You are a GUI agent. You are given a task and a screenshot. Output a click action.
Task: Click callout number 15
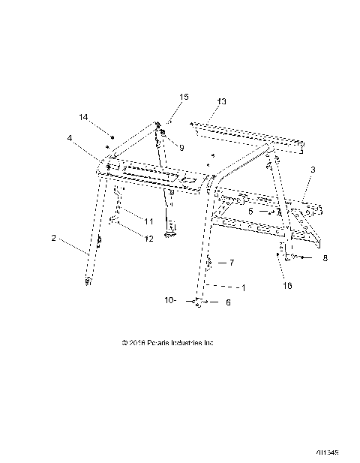tap(184, 97)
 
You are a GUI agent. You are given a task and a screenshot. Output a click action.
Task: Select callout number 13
tap(221, 101)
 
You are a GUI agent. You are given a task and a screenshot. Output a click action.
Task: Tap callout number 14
tap(84, 117)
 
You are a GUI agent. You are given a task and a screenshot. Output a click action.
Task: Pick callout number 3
tap(313, 171)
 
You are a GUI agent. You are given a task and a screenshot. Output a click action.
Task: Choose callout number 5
tap(250, 212)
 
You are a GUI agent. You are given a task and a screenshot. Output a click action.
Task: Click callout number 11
tap(148, 221)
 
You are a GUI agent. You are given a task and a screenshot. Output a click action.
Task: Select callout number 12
tap(148, 239)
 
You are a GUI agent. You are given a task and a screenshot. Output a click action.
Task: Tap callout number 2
tap(54, 238)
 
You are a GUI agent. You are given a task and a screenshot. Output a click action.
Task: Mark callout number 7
tap(232, 263)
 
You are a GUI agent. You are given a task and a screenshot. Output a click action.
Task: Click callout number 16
tap(287, 286)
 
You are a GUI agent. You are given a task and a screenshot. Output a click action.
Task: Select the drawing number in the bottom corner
tap(328, 452)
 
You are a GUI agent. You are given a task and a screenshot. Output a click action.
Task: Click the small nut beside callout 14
tap(111, 137)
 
